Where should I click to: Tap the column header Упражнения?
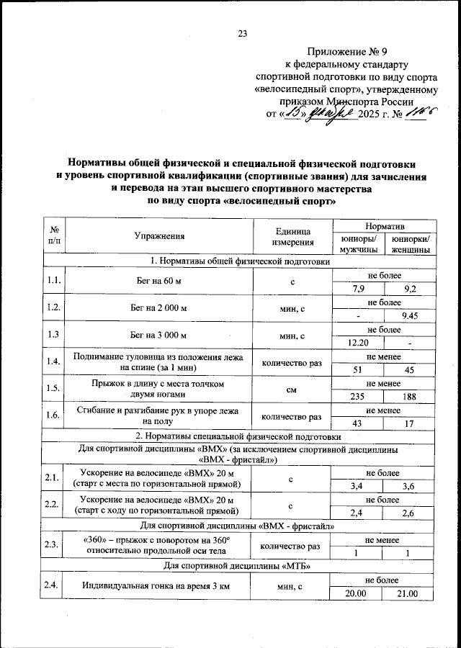(159, 235)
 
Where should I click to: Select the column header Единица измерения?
(292, 235)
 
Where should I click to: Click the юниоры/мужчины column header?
(357, 243)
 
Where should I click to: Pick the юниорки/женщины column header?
(408, 243)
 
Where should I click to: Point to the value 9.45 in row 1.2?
(408, 315)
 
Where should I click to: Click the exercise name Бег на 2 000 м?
(159, 308)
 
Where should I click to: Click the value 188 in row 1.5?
(408, 396)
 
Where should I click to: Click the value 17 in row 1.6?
(408, 423)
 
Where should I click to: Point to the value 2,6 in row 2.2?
(408, 512)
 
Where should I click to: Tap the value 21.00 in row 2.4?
(408, 593)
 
